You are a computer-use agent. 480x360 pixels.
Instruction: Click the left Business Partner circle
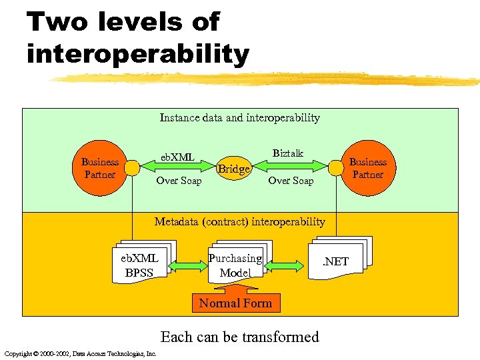tap(99, 167)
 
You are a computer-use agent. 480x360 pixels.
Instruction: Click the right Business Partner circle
tap(367, 167)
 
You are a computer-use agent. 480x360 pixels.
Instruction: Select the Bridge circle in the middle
tap(234, 169)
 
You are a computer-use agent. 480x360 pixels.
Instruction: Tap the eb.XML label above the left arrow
tap(177, 157)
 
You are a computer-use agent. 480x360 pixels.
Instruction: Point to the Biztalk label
tap(287, 153)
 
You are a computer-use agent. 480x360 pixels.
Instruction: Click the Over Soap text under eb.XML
tap(178, 181)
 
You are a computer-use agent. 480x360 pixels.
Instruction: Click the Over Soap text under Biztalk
tap(290, 181)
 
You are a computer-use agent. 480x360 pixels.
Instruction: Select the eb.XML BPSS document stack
tap(141, 263)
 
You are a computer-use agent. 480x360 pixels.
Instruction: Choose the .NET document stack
tap(337, 260)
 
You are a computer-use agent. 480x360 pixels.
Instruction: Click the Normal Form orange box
tap(235, 303)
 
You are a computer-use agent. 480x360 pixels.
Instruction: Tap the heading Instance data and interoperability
tap(239, 118)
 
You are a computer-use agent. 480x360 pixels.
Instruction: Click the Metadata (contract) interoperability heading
tap(239, 221)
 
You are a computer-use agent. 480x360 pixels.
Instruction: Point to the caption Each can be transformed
tap(239, 337)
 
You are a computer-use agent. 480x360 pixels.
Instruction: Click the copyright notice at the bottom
tap(79, 353)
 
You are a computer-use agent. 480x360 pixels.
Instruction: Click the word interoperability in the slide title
tap(137, 54)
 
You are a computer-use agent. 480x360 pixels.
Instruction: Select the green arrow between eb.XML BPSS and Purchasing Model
tap(188, 266)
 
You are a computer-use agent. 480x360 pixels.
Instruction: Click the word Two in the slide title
tap(57, 22)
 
